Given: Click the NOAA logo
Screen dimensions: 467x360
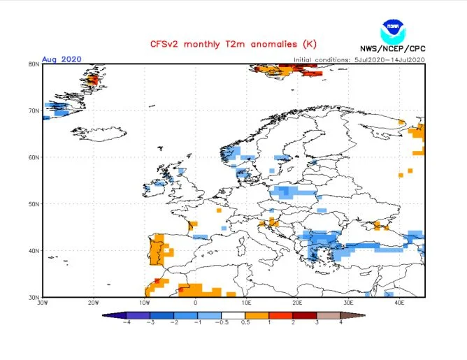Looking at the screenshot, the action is [393, 32].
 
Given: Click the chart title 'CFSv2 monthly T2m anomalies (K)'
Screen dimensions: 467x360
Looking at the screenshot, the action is [233, 44].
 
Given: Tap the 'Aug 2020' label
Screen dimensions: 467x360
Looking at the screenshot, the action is [62, 59].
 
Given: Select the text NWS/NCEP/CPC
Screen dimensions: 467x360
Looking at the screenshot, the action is [392, 48].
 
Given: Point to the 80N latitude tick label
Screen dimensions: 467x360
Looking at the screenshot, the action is [34, 64].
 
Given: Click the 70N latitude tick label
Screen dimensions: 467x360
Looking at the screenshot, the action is [34, 110].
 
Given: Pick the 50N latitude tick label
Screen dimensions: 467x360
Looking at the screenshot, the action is [34, 204].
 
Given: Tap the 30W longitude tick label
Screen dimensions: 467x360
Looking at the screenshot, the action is [43, 303].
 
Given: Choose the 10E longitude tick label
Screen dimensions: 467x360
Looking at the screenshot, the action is [246, 303].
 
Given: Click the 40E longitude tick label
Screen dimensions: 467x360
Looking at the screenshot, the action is [399, 303].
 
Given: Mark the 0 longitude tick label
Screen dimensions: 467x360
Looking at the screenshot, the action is [195, 303].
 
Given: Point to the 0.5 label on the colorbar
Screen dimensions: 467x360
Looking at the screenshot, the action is [245, 322].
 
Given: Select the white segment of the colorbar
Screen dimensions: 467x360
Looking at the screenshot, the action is [233, 315].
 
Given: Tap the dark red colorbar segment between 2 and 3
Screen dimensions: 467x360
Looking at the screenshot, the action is [305, 315].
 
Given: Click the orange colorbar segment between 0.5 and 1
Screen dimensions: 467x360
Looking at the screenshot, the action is [257, 315].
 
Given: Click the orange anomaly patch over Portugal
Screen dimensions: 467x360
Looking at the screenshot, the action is [157, 250].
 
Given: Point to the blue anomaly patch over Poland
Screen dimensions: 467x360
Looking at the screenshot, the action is [292, 192].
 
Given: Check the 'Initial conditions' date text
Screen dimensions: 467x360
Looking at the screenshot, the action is [359, 60].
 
